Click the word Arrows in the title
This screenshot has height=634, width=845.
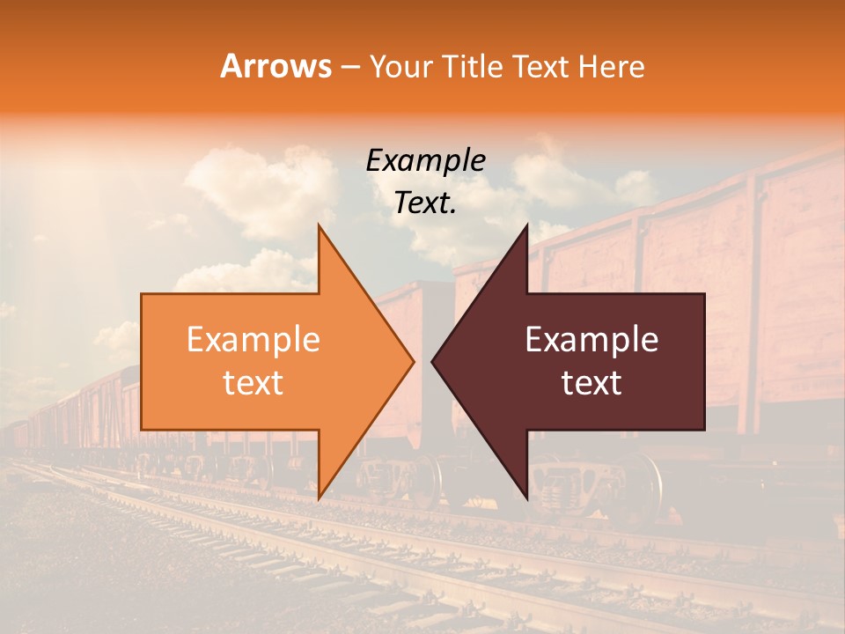(276, 66)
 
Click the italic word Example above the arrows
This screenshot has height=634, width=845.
(426, 161)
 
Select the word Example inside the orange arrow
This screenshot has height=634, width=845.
(253, 340)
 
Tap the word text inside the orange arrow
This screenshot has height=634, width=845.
(253, 383)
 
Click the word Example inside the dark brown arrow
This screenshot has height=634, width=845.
(591, 340)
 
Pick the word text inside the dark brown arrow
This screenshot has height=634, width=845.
(591, 383)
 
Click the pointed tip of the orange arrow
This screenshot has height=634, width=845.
(414, 361)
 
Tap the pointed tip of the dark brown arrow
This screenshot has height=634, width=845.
(432, 361)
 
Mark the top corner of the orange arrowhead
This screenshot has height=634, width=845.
(319, 225)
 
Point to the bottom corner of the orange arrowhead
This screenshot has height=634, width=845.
(319, 498)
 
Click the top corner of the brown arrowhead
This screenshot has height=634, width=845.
(527, 225)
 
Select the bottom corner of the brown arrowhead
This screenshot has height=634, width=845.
(527, 498)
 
